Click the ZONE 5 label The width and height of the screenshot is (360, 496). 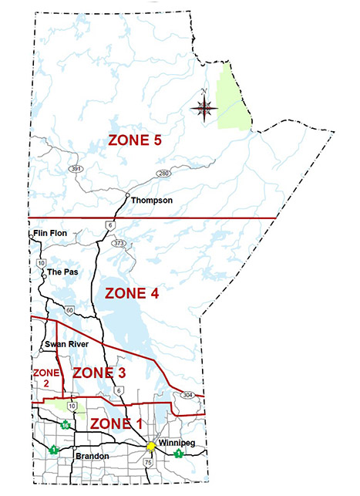tap(134, 141)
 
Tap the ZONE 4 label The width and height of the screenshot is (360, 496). tap(131, 294)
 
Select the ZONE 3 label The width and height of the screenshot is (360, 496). tap(99, 373)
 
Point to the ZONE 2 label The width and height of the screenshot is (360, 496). tap(42, 377)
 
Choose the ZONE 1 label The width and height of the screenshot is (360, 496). tap(117, 423)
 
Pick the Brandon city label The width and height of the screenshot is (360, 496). tap(92, 457)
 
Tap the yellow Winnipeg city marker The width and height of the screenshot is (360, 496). tap(152, 447)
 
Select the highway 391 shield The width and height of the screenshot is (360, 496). tap(74, 167)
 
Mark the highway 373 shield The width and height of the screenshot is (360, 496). tap(118, 244)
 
